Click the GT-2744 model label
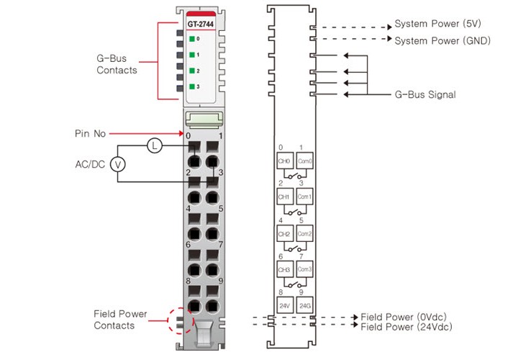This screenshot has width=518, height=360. pos(201,23)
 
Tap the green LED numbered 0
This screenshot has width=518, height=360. pos(192,39)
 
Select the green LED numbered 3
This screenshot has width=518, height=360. pos(192,86)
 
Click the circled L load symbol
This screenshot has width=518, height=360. pos(154,146)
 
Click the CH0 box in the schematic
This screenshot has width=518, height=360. pos(284,161)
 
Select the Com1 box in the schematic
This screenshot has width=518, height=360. pos(304,195)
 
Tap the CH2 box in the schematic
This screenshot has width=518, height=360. pos(284,233)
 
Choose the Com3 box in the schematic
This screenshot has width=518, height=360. pos(304,269)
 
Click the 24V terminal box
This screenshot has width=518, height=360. pos(284,305)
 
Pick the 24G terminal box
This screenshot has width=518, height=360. pos(304,305)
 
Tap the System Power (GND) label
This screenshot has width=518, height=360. pos(442,41)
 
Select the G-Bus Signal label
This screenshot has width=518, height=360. pos(425,94)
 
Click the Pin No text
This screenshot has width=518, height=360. pos(91,133)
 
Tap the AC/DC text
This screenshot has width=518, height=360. pos(91,164)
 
